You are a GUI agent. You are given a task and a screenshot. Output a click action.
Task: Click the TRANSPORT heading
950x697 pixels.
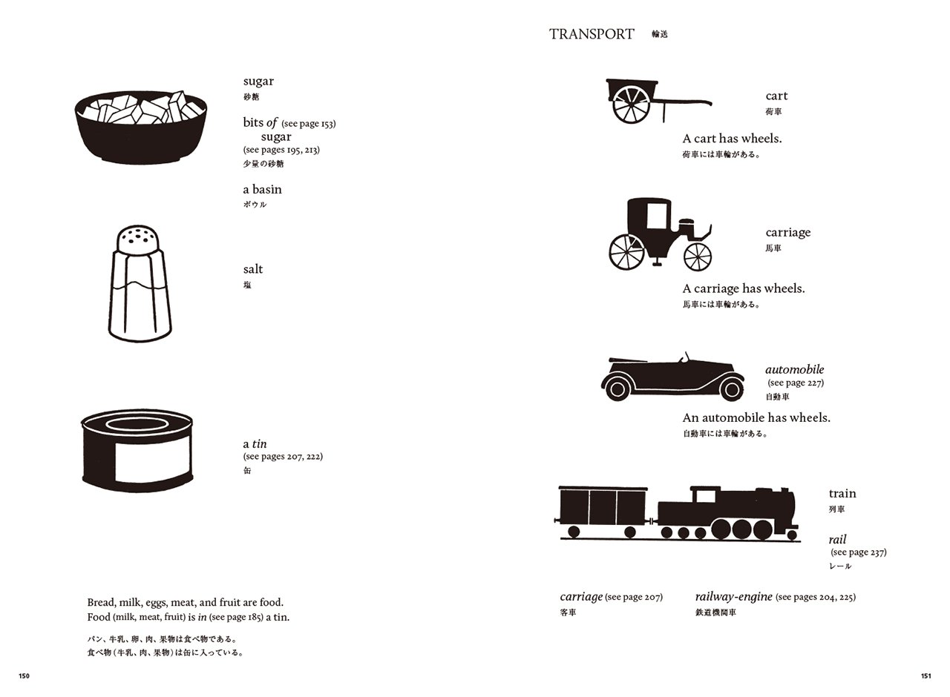tap(592, 34)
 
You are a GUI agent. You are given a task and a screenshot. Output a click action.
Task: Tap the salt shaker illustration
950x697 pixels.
tap(140, 283)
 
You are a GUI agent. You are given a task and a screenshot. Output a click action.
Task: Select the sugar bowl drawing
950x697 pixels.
tap(141, 127)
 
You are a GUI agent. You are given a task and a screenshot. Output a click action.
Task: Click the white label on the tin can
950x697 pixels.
tap(152, 458)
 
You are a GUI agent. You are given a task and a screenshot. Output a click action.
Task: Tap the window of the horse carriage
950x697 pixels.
tap(657, 216)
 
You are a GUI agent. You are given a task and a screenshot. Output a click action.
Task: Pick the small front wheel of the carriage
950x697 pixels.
tap(698, 257)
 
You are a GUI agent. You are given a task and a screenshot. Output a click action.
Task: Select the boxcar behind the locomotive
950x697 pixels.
tap(602, 512)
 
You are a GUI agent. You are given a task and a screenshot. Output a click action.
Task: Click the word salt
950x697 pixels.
tap(253, 269)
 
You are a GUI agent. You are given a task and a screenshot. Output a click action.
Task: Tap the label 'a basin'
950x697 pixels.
tap(262, 189)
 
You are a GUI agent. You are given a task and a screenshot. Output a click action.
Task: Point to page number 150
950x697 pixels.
tap(24, 675)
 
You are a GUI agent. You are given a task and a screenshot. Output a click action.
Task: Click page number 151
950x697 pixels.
tap(926, 675)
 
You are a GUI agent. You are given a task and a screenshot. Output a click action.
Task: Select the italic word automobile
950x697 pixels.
tap(794, 369)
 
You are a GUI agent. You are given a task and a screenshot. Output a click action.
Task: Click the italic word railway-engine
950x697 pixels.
tap(733, 597)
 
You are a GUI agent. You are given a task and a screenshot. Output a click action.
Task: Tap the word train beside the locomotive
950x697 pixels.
tap(842, 493)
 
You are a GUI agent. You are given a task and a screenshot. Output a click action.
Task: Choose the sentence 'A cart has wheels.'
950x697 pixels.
tap(732, 139)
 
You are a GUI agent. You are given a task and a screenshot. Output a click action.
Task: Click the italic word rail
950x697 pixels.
tap(837, 539)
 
